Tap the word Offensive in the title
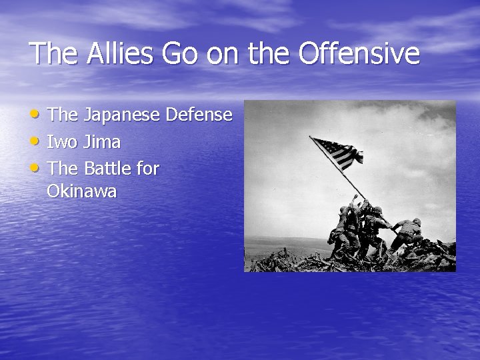(x=359, y=53)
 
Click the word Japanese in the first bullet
(x=121, y=115)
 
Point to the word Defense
(x=199, y=115)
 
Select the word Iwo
(x=63, y=142)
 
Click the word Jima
(x=102, y=142)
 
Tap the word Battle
(x=107, y=169)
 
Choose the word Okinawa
(x=82, y=192)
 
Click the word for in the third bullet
(x=148, y=169)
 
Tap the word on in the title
(x=223, y=53)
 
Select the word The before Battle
(x=63, y=169)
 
